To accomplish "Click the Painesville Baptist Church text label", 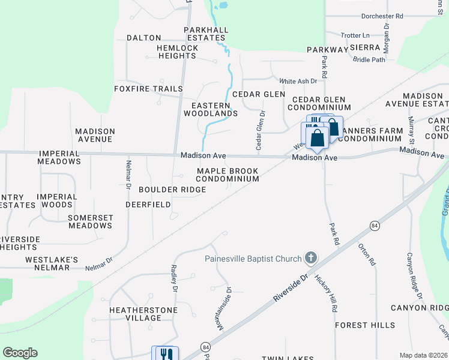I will (x=253, y=259).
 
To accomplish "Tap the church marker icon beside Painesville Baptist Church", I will (x=310, y=259).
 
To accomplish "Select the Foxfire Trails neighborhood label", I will (x=148, y=89).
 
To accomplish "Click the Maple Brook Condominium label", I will (x=228, y=175).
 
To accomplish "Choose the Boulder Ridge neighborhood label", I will (x=172, y=190).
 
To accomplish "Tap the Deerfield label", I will (x=148, y=205).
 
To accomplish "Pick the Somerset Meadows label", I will (x=90, y=221).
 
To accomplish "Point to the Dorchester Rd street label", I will (x=382, y=16).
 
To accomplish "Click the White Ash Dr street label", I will (x=298, y=81).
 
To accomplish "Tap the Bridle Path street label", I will (x=369, y=59).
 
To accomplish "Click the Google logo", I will (x=20, y=353).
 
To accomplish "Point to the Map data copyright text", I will (x=424, y=355).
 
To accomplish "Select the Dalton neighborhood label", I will (x=144, y=38).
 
